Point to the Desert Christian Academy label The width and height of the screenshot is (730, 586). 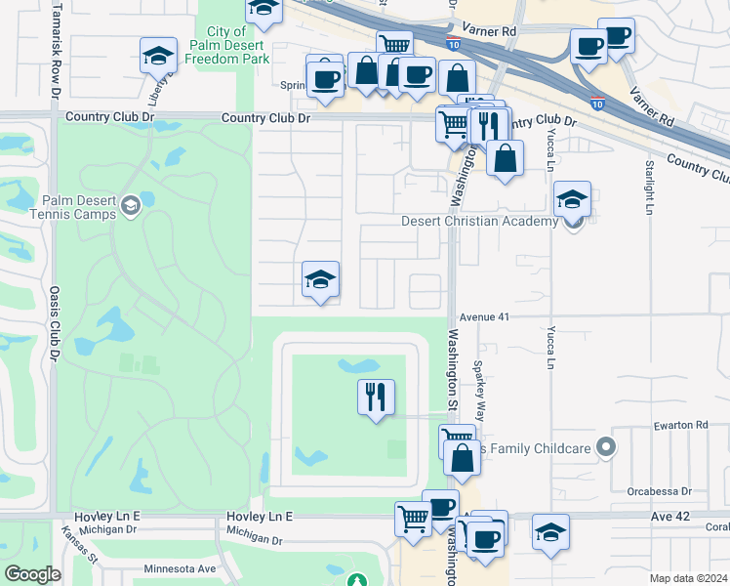(x=479, y=221)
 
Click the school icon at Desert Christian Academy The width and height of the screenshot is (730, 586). (x=572, y=199)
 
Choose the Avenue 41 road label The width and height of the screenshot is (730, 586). (x=485, y=316)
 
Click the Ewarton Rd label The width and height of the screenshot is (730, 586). (x=680, y=425)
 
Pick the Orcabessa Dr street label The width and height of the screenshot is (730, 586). (x=660, y=491)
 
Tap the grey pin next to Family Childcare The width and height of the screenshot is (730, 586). (x=606, y=447)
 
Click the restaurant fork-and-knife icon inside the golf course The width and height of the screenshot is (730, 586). (x=376, y=397)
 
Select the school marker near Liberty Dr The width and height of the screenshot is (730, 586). (x=158, y=56)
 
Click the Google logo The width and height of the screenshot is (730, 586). (x=32, y=574)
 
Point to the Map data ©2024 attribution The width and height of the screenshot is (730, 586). (x=688, y=578)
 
